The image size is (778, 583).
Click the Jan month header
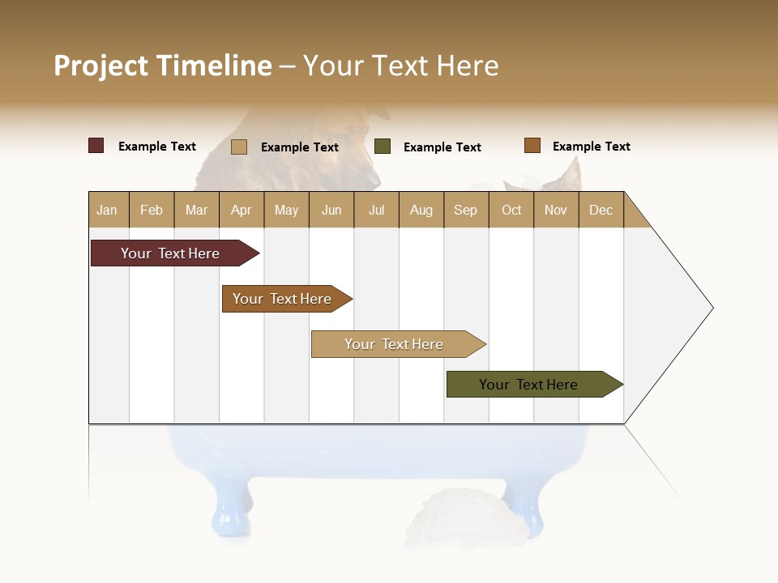click(x=107, y=210)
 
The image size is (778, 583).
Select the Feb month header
click(x=152, y=210)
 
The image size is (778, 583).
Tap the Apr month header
click(x=241, y=210)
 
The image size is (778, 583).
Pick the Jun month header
click(x=331, y=210)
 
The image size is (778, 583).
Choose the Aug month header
click(x=421, y=210)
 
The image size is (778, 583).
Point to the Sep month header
click(x=465, y=210)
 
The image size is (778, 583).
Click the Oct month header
click(x=511, y=210)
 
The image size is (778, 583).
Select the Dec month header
click(x=601, y=210)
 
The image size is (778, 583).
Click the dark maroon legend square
click(x=96, y=146)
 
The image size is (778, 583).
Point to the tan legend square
click(x=239, y=147)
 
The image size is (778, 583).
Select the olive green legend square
click(x=383, y=147)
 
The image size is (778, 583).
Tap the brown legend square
click(x=532, y=146)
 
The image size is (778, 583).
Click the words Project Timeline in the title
click(x=163, y=66)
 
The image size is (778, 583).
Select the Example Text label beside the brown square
click(x=591, y=147)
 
